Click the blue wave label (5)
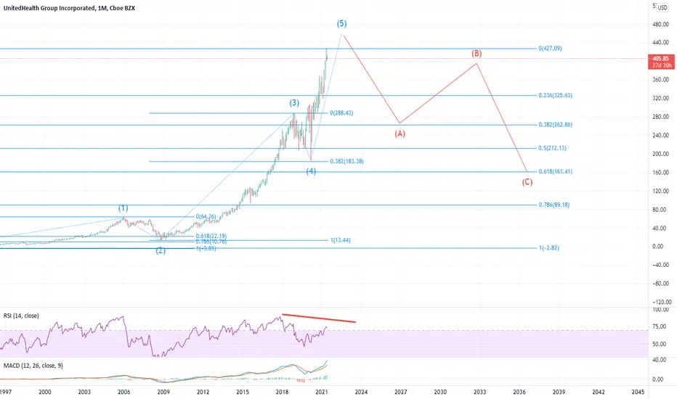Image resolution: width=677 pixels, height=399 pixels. point(340,22)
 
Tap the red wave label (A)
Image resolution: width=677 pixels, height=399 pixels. point(400,134)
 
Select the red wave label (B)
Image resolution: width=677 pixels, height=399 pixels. point(477,54)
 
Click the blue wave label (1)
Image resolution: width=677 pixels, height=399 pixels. point(123,208)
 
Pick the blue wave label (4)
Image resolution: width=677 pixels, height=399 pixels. point(310,171)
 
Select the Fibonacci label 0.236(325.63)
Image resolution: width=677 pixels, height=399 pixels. point(557,95)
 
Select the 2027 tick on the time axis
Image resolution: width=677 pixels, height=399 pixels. point(400,391)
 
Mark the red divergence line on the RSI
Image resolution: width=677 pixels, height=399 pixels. point(319,318)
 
